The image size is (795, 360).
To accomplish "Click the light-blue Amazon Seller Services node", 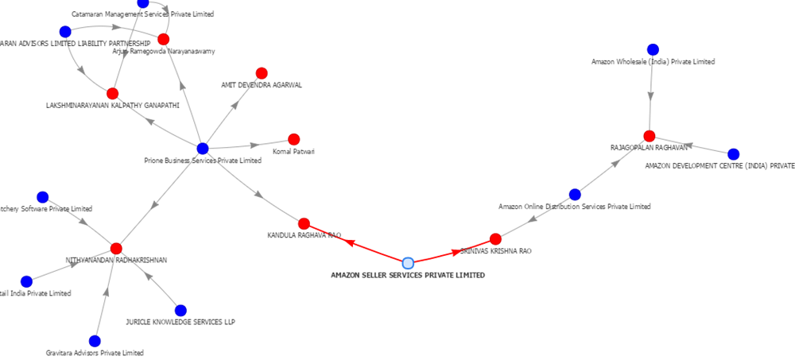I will click(408, 263).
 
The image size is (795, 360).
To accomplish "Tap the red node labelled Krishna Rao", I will click(495, 239).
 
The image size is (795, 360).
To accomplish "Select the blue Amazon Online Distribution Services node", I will click(575, 195).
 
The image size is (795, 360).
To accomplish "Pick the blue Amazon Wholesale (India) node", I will click(653, 49).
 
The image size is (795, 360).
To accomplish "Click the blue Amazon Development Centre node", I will click(734, 154).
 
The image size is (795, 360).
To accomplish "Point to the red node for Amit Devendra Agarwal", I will click(262, 73).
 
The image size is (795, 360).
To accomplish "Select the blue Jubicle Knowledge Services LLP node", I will click(180, 311).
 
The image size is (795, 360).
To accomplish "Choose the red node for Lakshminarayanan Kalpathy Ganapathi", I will click(112, 94).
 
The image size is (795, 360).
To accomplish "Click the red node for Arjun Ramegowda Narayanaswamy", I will click(164, 39).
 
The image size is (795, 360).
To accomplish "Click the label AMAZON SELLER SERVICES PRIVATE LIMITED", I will click(408, 275).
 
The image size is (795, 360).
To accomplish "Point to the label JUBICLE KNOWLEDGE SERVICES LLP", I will click(180, 323).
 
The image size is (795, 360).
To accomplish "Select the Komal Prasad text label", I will click(293, 151).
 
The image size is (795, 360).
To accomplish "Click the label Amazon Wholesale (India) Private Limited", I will click(653, 61).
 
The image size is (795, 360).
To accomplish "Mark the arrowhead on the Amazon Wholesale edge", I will click(651, 95).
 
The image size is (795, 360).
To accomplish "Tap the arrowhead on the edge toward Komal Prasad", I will click(254, 145).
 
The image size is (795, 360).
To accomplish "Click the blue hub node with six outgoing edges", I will click(203, 148).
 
